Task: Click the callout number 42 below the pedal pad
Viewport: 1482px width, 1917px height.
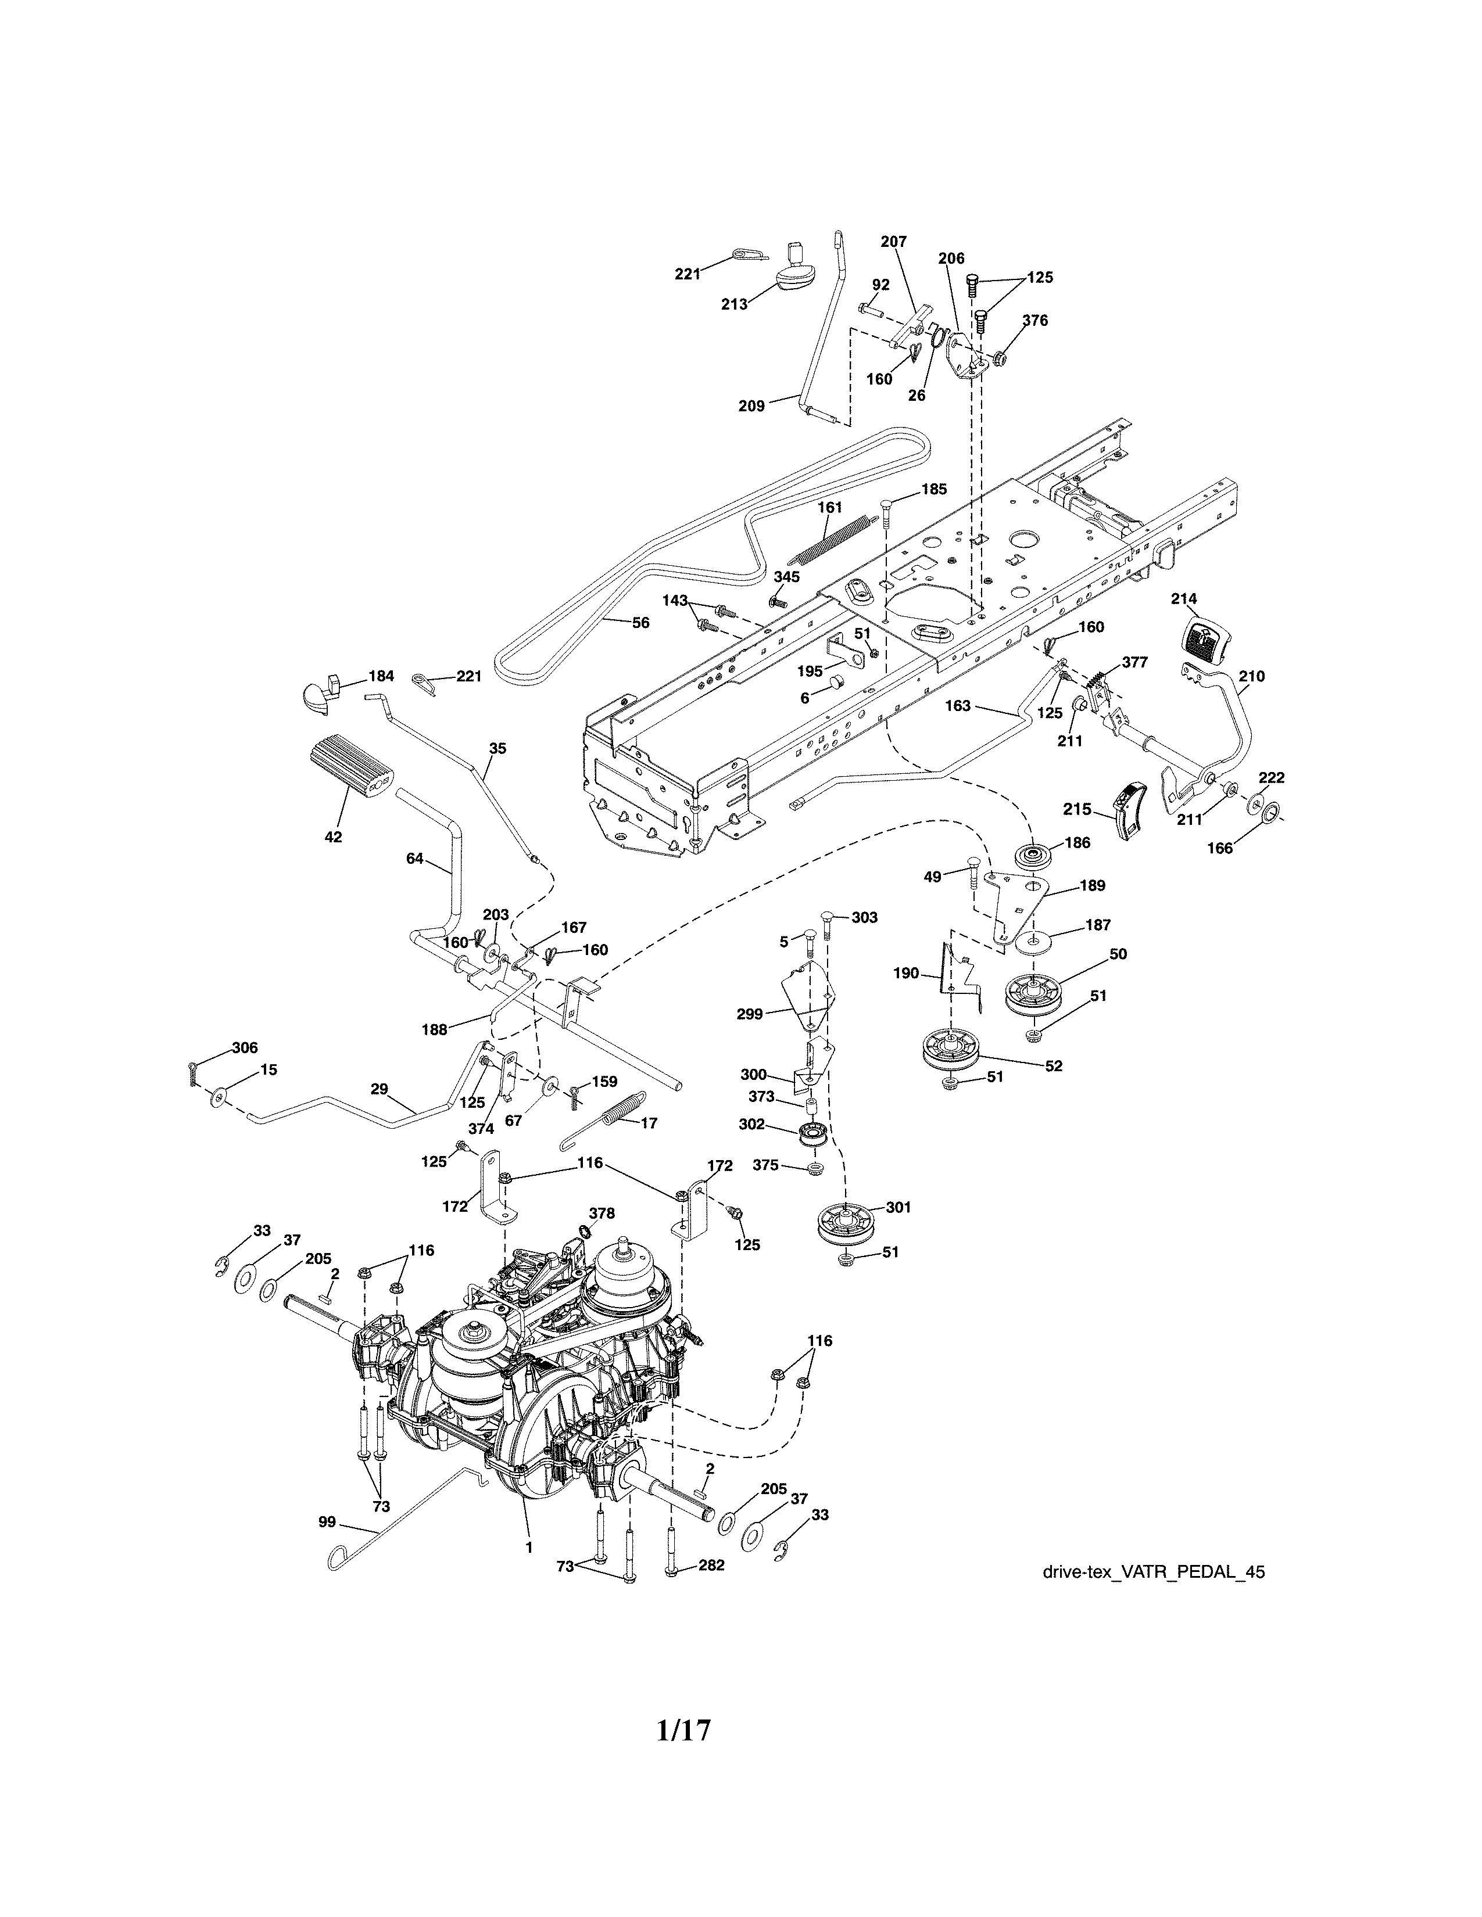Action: [333, 837]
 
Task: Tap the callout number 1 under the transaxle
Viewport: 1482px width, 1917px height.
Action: [528, 1548]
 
